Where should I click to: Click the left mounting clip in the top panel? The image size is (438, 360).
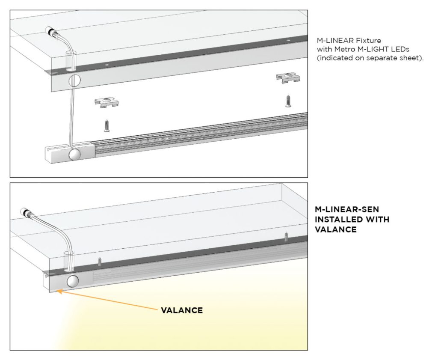[x=106, y=101]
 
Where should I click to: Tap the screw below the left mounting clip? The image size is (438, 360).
[x=106, y=125]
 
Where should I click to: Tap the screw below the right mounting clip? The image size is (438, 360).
[x=288, y=101]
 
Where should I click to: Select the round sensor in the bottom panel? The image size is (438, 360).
[x=73, y=281]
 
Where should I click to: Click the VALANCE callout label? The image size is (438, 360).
[x=182, y=310]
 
